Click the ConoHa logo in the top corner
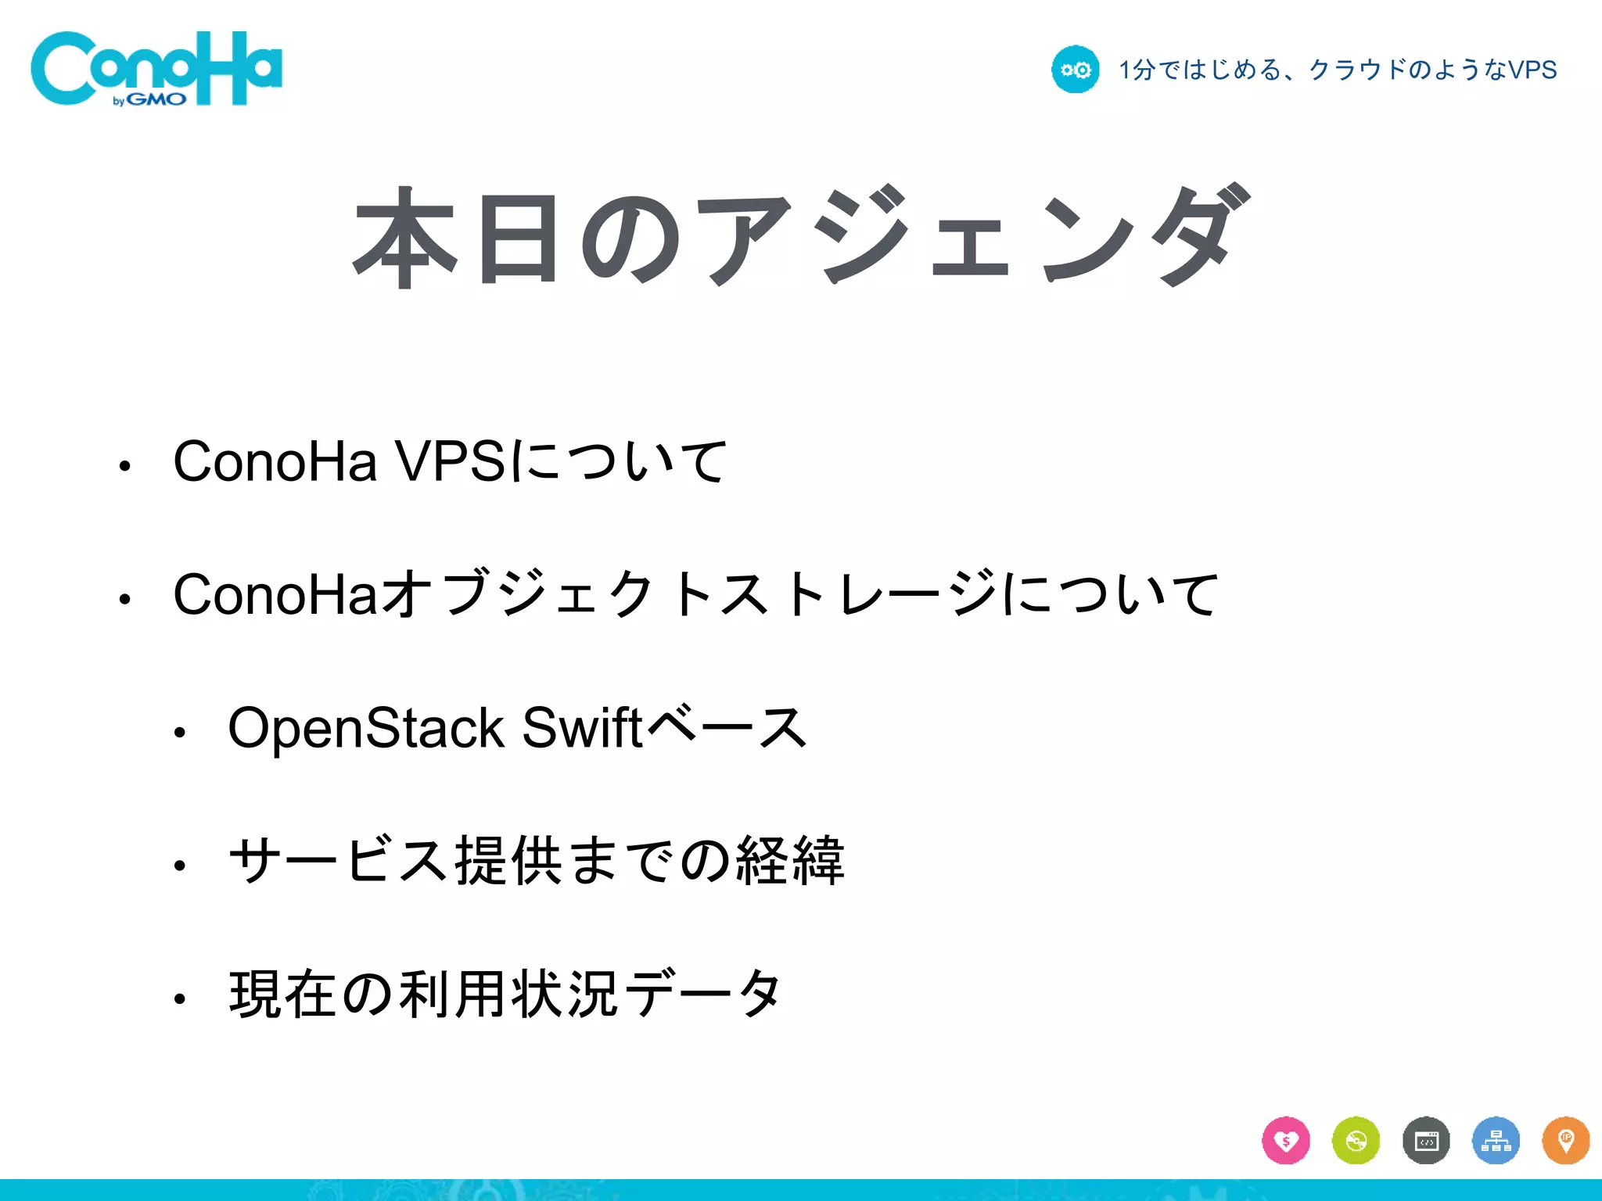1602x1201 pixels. (156, 68)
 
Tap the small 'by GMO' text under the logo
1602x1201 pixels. (149, 99)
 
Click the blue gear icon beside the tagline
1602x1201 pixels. (1075, 70)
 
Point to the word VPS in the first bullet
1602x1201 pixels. (451, 461)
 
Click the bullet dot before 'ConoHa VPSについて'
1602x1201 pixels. (124, 467)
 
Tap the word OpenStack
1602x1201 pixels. (366, 728)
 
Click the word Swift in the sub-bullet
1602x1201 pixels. (582, 728)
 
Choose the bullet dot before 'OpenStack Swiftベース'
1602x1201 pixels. (180, 733)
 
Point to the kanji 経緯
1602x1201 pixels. (790, 861)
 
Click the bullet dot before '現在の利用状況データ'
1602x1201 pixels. (180, 998)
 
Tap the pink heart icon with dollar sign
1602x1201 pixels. (1285, 1141)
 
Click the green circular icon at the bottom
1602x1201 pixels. (1356, 1141)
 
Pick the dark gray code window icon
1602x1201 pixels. (1426, 1141)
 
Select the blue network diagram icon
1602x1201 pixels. (1496, 1141)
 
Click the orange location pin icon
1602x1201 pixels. (1565, 1141)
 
